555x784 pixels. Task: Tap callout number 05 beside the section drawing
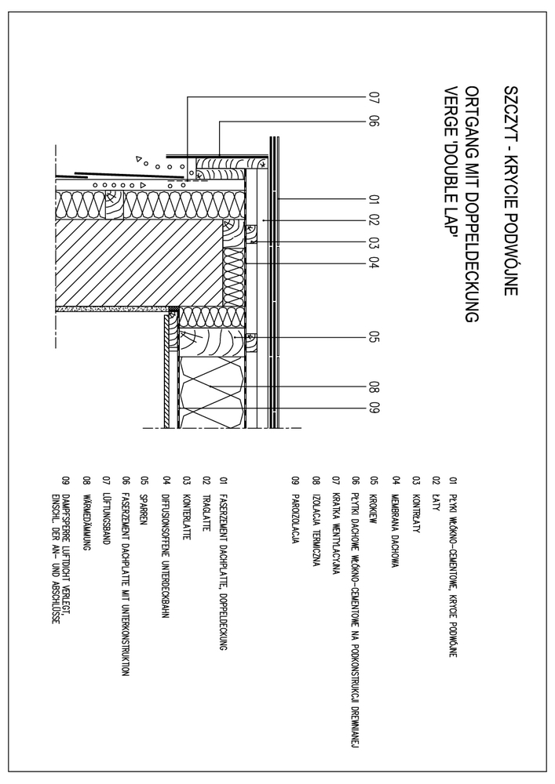pos(373,339)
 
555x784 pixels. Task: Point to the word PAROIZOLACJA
pos(294,501)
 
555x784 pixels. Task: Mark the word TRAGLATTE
pos(205,497)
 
